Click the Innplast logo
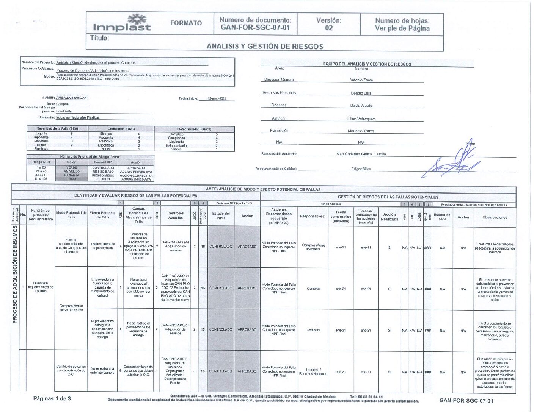click(x=122, y=23)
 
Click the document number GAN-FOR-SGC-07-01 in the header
click(x=255, y=27)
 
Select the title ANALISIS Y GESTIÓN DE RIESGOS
click(x=265, y=46)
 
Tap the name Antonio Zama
click(x=361, y=80)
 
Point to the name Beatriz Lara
click(x=361, y=93)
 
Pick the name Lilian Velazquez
click(x=361, y=119)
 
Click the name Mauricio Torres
click(x=361, y=131)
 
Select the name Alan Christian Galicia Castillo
click(x=361, y=154)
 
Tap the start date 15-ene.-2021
click(x=217, y=99)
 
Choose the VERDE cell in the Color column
click(x=71, y=167)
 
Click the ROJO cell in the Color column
click(x=71, y=179)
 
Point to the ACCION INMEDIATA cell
click(x=136, y=179)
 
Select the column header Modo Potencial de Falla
click(x=71, y=215)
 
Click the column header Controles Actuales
click(x=175, y=215)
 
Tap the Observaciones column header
click(x=495, y=218)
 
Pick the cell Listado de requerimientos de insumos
click(x=41, y=287)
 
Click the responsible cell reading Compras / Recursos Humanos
click(x=313, y=371)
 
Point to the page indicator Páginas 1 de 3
click(x=52, y=398)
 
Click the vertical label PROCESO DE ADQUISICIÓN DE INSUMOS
click(x=15, y=275)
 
